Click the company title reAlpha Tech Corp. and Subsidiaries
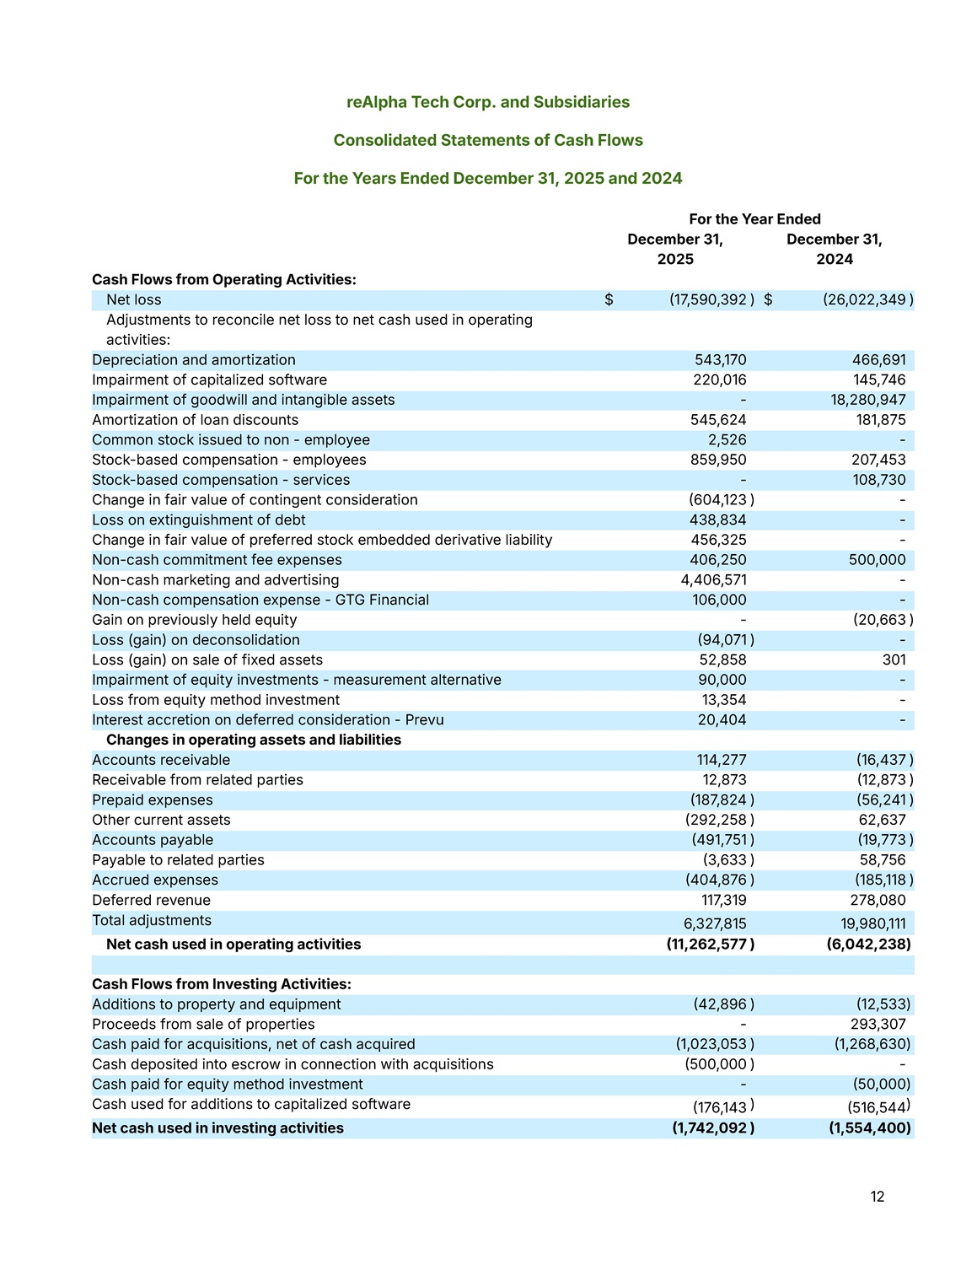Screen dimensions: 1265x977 [x=488, y=102]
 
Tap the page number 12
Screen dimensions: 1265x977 [x=878, y=1197]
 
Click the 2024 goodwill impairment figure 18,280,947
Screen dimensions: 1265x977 [x=868, y=400]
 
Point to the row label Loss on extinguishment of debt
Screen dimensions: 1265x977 [x=199, y=520]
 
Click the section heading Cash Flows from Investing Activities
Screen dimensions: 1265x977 [x=222, y=984]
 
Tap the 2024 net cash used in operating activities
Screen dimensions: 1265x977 [x=869, y=945]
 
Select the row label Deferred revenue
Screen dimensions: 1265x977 [x=151, y=901]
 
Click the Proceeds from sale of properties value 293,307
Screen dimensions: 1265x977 [x=878, y=1025]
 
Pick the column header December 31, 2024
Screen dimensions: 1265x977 [x=835, y=249]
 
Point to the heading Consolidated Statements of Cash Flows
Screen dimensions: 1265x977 [x=488, y=140]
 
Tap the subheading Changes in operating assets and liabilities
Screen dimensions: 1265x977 [x=254, y=740]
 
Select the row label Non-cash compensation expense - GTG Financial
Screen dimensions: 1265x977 [x=260, y=600]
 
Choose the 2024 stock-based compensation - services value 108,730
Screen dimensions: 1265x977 [x=879, y=480]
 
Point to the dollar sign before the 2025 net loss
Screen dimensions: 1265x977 [x=609, y=300]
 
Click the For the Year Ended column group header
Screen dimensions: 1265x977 [x=754, y=219]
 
